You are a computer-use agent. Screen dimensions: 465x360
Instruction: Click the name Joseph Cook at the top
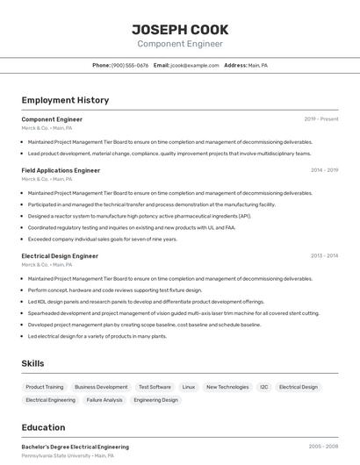(180, 29)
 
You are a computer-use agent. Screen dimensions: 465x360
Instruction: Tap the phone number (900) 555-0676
(130, 65)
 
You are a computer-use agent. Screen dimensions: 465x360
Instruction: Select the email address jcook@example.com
(194, 65)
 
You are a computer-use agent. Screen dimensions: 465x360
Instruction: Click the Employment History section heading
(65, 100)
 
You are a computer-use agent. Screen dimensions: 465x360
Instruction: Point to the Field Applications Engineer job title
(61, 170)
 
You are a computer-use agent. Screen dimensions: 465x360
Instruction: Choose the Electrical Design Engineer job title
(60, 256)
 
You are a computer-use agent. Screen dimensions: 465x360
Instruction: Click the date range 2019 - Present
(321, 119)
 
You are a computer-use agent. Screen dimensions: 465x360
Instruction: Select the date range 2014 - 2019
(324, 170)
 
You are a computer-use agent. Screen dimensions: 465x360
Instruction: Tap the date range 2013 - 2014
(324, 256)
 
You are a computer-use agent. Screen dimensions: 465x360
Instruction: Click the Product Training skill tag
(44, 387)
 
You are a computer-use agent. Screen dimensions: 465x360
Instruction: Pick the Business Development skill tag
(101, 387)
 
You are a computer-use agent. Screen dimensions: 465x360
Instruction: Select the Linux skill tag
(189, 387)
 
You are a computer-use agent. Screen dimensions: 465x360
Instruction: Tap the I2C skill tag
(263, 387)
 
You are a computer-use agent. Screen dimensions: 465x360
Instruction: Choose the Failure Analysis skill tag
(104, 400)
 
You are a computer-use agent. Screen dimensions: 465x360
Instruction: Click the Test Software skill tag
(155, 387)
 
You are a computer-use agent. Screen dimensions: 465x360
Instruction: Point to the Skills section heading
(33, 363)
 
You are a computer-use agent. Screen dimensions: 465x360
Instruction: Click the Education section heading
(44, 427)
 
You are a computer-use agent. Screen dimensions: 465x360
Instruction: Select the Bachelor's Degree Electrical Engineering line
(75, 447)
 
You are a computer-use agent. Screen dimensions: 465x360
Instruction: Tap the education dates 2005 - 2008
(323, 447)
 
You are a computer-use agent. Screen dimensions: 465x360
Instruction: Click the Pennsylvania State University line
(68, 456)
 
